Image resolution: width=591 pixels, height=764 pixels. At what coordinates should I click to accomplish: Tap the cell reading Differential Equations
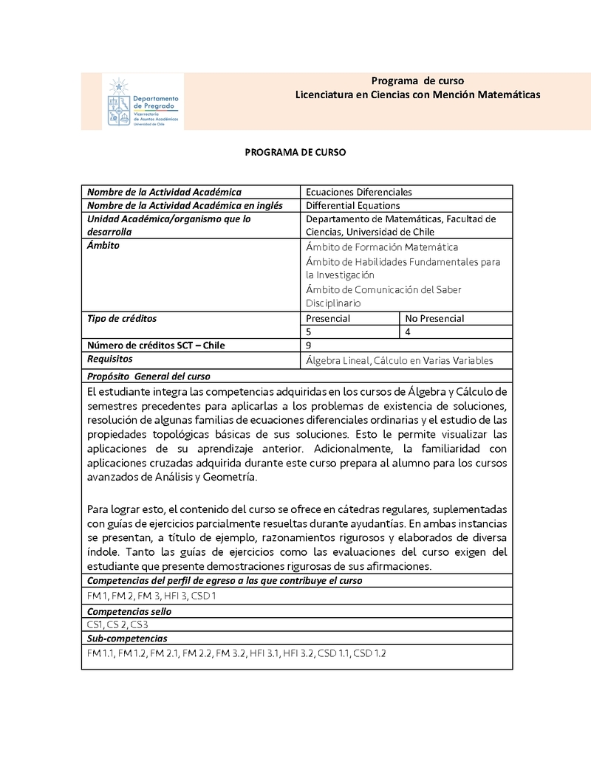[353, 206]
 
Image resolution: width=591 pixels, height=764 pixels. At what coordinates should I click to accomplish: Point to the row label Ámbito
[103, 246]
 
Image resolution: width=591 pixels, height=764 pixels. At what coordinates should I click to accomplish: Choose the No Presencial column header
[435, 318]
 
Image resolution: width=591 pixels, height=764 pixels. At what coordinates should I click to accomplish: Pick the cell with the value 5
[309, 332]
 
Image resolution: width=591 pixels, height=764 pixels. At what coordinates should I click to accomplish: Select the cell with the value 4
[409, 332]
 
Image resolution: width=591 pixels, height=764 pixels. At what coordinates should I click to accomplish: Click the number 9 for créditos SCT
[309, 345]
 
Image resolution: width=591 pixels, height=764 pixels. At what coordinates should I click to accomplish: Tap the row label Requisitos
[110, 359]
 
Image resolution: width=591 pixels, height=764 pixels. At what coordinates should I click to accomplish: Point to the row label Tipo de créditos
[122, 318]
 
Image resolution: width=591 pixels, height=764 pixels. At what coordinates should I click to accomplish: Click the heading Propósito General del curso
[148, 376]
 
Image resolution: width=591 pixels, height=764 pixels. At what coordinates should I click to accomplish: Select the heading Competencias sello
[129, 611]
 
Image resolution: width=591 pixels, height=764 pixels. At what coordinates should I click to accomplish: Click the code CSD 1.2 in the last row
[369, 653]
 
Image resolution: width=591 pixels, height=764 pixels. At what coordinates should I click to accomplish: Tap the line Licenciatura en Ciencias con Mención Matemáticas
[417, 94]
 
